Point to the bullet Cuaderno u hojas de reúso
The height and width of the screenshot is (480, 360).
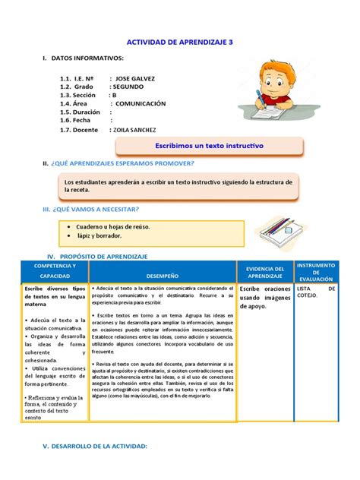[x=113, y=226]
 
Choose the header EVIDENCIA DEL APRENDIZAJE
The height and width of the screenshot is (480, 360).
[x=265, y=273]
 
